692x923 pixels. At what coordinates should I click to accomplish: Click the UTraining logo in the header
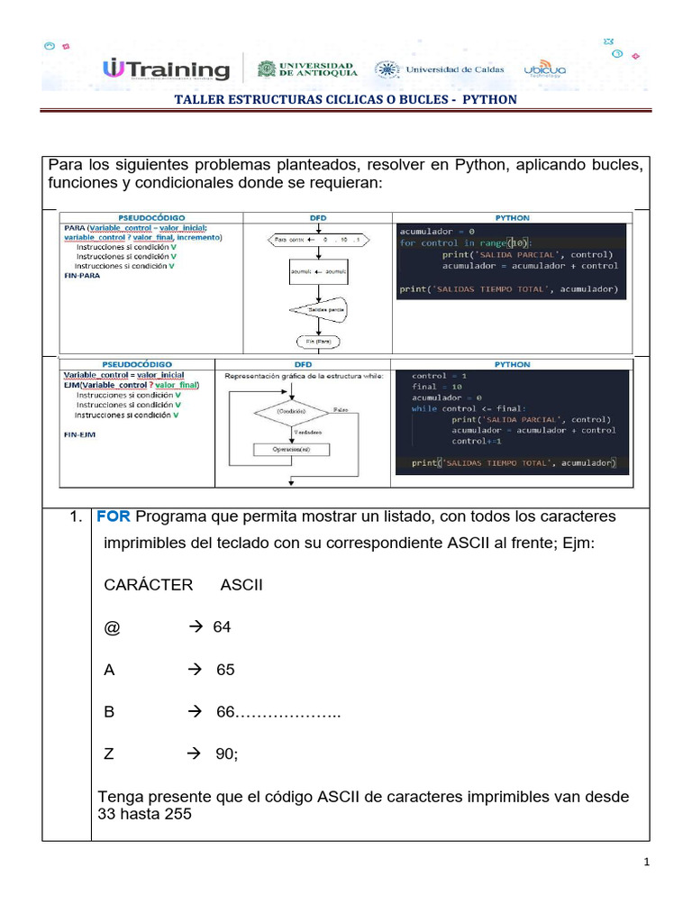point(168,69)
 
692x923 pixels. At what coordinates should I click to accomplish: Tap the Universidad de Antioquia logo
point(307,69)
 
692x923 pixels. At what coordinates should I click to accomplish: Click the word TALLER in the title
point(199,99)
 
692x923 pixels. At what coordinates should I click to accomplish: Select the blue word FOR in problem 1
point(114,516)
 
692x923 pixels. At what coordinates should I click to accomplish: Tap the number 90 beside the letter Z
point(226,754)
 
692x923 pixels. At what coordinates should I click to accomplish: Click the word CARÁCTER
point(149,585)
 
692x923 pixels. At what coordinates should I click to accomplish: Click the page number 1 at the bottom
point(647,863)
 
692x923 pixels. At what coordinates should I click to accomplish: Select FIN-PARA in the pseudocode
point(82,276)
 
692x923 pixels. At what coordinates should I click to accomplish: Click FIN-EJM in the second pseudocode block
point(80,434)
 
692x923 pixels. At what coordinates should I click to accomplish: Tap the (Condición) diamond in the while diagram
point(291,411)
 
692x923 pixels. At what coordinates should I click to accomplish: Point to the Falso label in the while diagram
point(341,408)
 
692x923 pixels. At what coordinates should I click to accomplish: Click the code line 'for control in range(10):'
point(466,242)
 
